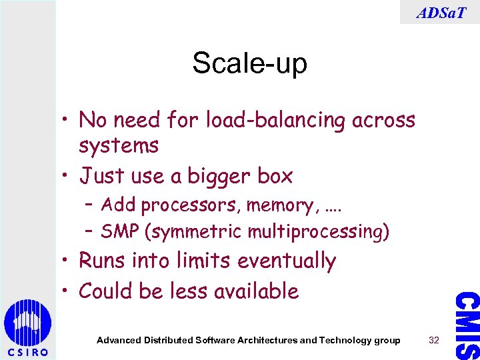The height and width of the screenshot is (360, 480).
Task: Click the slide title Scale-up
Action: [x=249, y=64]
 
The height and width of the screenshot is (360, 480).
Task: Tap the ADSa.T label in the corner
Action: [x=440, y=12]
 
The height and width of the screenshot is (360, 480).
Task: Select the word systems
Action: [x=118, y=145]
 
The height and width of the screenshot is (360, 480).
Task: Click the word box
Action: [x=275, y=176]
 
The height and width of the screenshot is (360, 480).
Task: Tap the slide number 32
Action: [x=435, y=340]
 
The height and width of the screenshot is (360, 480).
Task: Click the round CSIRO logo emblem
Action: [x=27, y=323]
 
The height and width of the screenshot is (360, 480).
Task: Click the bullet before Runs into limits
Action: [x=67, y=261]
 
